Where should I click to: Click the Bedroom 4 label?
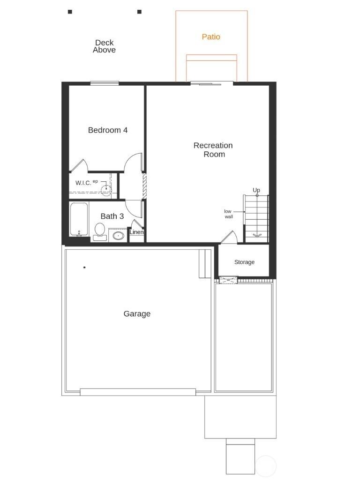[108, 130]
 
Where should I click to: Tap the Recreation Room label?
[213, 150]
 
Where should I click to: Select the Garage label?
[137, 314]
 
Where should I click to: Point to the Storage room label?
[244, 262]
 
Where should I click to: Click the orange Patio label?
[211, 37]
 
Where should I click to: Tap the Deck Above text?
[104, 46]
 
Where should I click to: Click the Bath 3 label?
[112, 216]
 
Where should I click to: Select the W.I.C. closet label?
[83, 183]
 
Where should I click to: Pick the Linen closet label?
[136, 232]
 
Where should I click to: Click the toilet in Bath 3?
[100, 231]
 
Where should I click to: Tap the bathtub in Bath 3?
[79, 219]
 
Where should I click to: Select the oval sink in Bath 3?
[118, 235]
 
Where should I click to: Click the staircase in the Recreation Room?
[256, 218]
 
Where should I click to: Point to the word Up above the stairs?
[256, 190]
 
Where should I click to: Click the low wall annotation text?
[228, 214]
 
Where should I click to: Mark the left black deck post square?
[70, 12]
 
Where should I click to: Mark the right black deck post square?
[139, 12]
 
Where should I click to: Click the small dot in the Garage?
[84, 268]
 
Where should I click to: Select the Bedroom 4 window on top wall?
[104, 84]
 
